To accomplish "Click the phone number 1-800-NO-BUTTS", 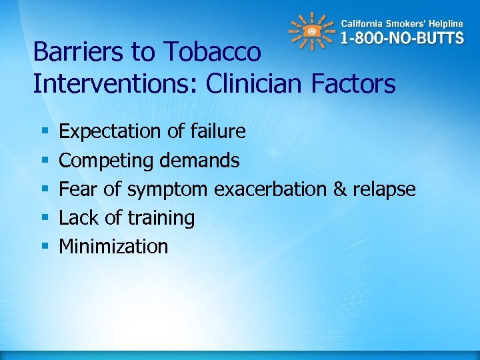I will (401, 38).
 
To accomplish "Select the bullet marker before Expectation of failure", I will (44, 132).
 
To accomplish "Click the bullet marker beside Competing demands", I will (44, 161).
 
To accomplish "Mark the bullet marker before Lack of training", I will (44, 218).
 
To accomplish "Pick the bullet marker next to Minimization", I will (44, 247).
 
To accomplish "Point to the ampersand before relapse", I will (340, 189).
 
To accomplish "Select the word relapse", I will (384, 190).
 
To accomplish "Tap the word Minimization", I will (113, 247).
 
